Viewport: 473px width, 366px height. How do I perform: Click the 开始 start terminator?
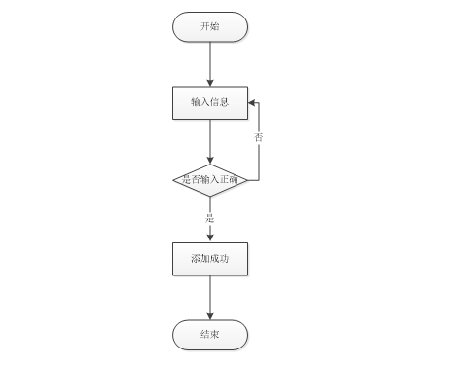pyautogui.click(x=210, y=27)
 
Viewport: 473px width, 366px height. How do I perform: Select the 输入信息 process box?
pyautogui.click(x=210, y=103)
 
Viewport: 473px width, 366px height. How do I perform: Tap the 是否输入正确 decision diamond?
pyautogui.click(x=210, y=180)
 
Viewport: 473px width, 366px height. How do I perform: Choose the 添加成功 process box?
pyautogui.click(x=210, y=259)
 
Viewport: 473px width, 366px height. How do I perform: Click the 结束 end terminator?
pyautogui.click(x=210, y=335)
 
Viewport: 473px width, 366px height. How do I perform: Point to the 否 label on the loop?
pyautogui.click(x=259, y=137)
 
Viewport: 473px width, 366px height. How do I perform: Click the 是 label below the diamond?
pyautogui.click(x=210, y=218)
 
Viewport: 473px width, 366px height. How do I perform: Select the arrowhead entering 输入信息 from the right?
pyautogui.click(x=252, y=103)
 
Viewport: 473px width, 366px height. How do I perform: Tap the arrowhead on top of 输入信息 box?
pyautogui.click(x=210, y=83)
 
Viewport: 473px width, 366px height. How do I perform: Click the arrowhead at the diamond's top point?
pyautogui.click(x=210, y=161)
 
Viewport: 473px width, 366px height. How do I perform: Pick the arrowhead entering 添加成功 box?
pyautogui.click(x=210, y=238)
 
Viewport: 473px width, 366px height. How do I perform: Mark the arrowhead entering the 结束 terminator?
pyautogui.click(x=210, y=316)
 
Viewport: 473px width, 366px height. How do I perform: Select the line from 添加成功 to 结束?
pyautogui.click(x=210, y=298)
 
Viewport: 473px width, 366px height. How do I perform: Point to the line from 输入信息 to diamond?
pyautogui.click(x=210, y=142)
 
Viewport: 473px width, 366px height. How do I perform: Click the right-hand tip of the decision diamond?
pyautogui.click(x=247, y=180)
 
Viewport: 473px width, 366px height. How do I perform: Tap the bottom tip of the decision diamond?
pyautogui.click(x=210, y=197)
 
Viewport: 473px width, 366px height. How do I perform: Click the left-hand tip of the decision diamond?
pyautogui.click(x=173, y=180)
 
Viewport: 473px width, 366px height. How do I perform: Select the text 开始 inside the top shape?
pyautogui.click(x=210, y=26)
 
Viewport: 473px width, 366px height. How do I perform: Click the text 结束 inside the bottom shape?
pyautogui.click(x=210, y=334)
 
